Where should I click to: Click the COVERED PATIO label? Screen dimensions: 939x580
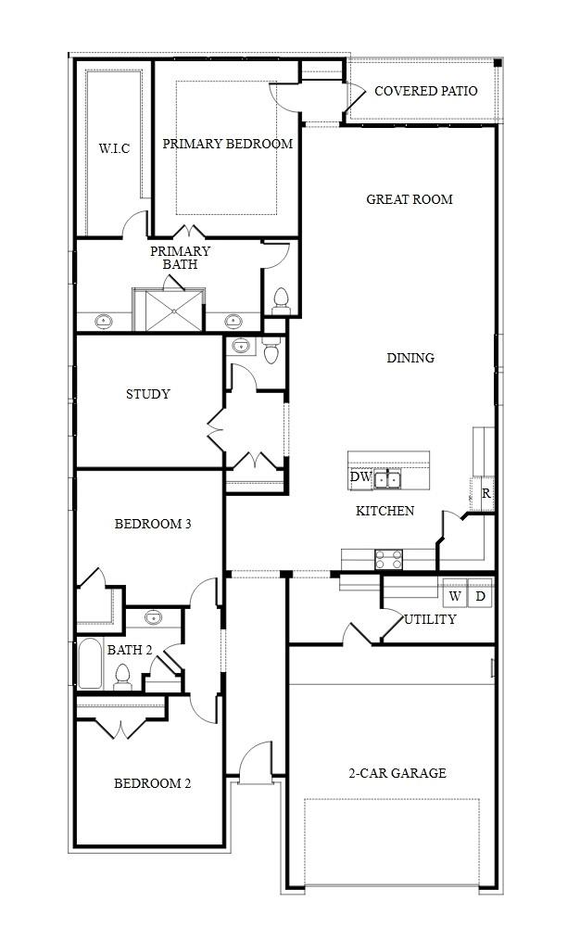pos(425,91)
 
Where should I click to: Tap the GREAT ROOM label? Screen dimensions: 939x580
pos(410,199)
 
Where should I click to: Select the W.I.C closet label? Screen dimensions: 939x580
pos(114,148)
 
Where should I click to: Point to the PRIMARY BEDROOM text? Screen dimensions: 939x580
pos(228,144)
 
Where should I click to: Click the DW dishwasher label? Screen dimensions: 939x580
pos(360,478)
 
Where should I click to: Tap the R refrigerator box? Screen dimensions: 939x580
pos(485,494)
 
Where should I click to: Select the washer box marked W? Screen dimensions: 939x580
pos(455,596)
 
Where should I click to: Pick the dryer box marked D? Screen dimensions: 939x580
pos(480,596)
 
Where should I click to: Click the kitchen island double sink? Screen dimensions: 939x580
pos(387,479)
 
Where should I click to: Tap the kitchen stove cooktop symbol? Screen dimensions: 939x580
pos(388,559)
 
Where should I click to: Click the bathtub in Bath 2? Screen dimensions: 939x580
pos(89,663)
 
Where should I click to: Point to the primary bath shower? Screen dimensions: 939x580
pos(170,310)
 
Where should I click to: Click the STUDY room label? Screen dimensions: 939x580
pos(148,394)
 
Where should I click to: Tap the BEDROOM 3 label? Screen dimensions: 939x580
pos(153,524)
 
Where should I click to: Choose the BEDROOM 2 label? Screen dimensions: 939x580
pos(153,783)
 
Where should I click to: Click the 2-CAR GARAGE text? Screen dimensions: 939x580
pos(397,773)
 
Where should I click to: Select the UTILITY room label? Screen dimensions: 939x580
pos(430,619)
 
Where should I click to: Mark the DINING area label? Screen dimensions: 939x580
pos(410,358)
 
